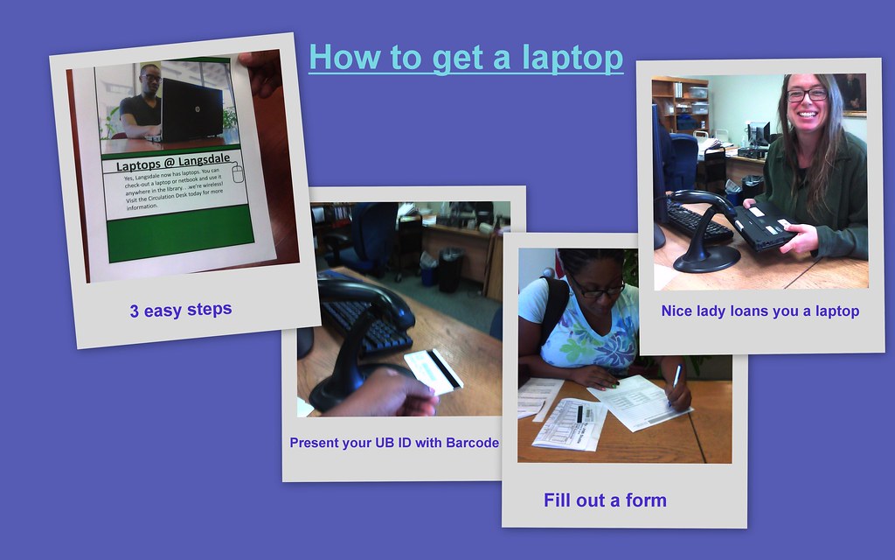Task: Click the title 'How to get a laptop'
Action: tap(465, 58)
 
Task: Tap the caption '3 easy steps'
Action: tap(181, 310)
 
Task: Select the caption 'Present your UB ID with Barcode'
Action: tap(394, 443)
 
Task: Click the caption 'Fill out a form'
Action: tap(605, 500)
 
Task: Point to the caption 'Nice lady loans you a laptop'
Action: tap(760, 311)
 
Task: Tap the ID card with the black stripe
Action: tap(434, 371)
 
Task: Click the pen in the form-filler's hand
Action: tap(677, 376)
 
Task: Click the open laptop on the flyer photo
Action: tap(191, 109)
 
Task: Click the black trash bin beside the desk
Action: tap(451, 269)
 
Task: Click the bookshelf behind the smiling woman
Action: tap(680, 105)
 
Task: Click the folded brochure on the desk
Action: tap(568, 423)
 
